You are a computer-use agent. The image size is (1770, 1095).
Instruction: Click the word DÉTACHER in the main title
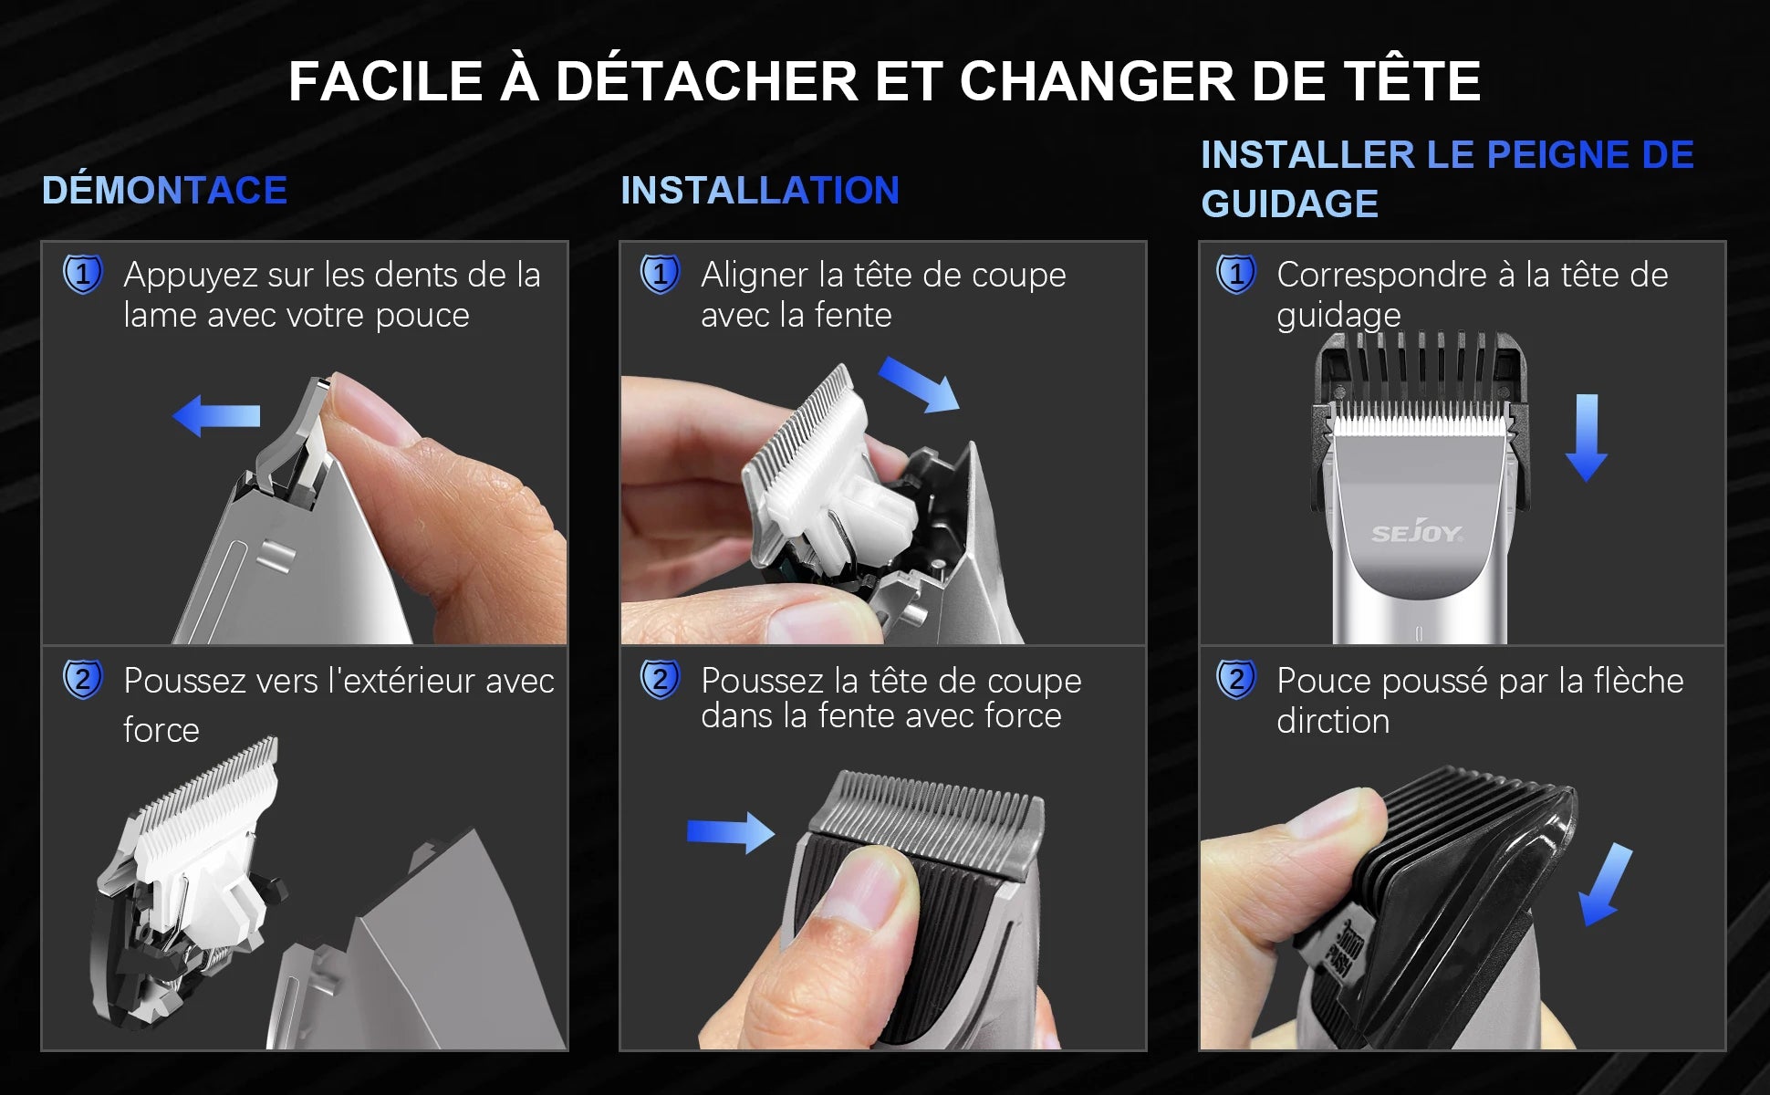706,81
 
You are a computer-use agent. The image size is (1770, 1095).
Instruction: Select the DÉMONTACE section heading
164,191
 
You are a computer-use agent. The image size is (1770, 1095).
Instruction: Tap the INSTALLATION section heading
759,191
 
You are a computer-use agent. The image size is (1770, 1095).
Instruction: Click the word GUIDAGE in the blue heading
1288,203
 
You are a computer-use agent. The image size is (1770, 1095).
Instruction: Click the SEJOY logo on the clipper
1416,533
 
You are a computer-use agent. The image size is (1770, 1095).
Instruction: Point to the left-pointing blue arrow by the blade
217,416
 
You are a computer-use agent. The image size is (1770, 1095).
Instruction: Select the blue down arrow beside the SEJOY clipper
1586,438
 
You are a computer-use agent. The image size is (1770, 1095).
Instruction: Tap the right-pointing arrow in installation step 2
730,832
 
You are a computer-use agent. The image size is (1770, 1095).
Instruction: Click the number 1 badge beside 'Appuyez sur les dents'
83,275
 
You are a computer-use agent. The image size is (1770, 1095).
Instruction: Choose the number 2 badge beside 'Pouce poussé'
1236,680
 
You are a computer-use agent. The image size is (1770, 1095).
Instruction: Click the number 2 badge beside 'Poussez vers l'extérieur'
83,680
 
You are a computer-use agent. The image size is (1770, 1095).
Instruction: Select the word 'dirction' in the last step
1332,721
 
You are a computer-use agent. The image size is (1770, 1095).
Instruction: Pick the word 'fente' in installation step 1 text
852,316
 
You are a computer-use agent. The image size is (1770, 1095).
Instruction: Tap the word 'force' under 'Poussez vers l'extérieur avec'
161,730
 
